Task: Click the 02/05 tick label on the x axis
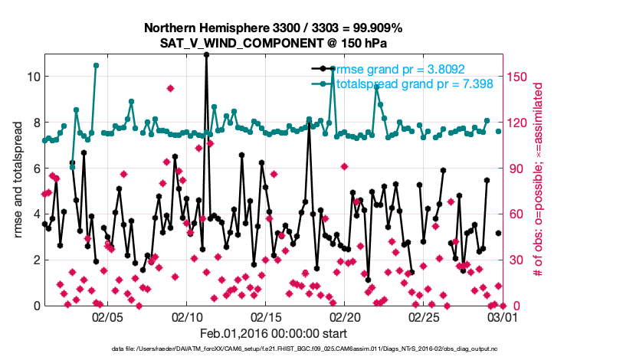[108, 316]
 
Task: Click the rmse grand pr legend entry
[397, 68]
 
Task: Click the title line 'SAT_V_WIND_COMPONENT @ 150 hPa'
[273, 43]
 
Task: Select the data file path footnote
[307, 349]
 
